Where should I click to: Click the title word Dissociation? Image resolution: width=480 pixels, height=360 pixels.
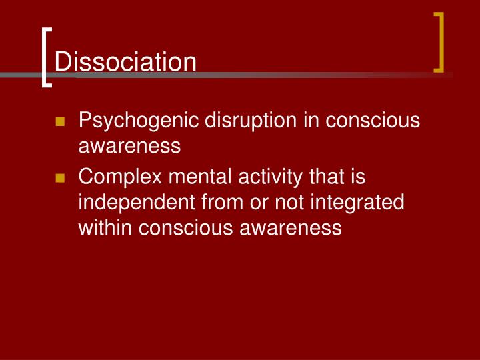pos(125,62)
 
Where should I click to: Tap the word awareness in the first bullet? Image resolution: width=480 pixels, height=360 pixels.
pos(129,146)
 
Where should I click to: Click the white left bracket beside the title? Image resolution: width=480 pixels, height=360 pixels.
pos(45,57)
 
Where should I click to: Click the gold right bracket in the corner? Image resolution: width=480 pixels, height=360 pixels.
pos(439,41)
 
